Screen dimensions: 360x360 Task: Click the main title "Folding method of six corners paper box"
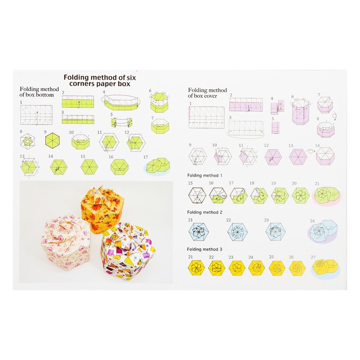[x=100, y=80]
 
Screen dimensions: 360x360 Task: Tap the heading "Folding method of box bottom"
[x=39, y=92]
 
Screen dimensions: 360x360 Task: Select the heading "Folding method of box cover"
[x=207, y=93]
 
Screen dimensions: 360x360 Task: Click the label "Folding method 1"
[x=205, y=175]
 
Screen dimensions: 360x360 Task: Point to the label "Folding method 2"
[x=205, y=212]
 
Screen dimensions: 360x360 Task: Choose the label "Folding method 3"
[x=204, y=249]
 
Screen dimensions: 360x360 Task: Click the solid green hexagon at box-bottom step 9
[x=52, y=140]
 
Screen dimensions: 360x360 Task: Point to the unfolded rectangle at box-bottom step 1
[x=37, y=115]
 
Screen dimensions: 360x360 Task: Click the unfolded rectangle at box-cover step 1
[x=207, y=117]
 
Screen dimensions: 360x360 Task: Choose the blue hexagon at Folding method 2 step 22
[x=238, y=232]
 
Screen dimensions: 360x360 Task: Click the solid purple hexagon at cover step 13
[x=298, y=157]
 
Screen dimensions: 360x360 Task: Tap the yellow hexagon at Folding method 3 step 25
[x=277, y=268]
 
